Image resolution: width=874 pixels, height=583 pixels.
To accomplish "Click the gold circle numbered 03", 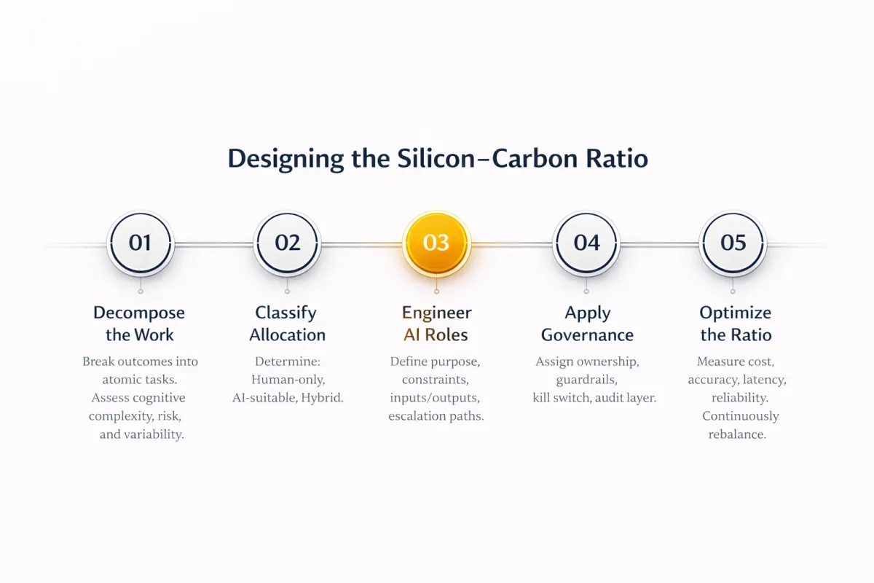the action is pos(436,243).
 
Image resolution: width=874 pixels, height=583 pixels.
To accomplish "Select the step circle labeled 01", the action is pos(141,243).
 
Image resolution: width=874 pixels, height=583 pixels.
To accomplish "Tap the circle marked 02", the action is pos(287,243).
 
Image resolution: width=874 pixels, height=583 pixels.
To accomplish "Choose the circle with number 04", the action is pos(586,243).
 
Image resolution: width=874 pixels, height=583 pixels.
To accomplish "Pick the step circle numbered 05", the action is pos(733,243).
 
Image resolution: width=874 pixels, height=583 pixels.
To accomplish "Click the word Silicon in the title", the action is pos(436,159).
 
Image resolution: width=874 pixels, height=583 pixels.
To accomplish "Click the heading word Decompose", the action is pos(139,313).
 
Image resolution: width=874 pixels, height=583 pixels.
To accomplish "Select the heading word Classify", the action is pos(286,313).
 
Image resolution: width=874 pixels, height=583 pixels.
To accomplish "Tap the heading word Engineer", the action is pos(436,313).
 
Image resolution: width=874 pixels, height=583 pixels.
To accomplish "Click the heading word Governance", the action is pos(587,335).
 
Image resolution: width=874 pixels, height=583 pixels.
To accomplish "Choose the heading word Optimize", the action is pos(736,313).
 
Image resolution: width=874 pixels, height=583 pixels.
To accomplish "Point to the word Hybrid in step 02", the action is pos(322,398).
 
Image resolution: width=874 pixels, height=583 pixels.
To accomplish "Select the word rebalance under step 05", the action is pos(737,434).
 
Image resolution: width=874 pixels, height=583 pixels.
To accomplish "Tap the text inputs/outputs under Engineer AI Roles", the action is pos(435,398).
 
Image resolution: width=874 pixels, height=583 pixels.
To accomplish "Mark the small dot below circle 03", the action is pos(436,291).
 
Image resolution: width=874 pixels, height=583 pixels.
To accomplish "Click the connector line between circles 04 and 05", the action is pos(660,244).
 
